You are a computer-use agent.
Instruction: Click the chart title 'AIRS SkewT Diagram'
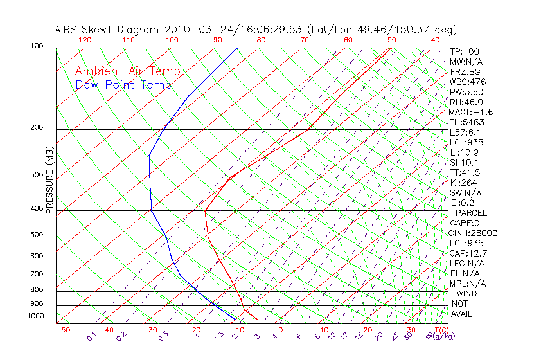pyautogui.click(x=107, y=30)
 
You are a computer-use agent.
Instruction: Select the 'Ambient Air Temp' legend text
pyautogui.click(x=127, y=71)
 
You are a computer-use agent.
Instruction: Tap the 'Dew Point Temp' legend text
pyautogui.click(x=123, y=85)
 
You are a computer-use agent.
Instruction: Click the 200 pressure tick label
pyautogui.click(x=37, y=127)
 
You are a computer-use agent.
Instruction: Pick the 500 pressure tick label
pyautogui.click(x=37, y=235)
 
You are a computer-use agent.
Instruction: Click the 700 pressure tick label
pyautogui.click(x=37, y=275)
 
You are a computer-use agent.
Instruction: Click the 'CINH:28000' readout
pyautogui.click(x=473, y=233)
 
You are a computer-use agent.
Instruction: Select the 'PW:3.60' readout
pyautogui.click(x=466, y=92)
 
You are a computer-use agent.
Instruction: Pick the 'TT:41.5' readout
pyautogui.click(x=465, y=172)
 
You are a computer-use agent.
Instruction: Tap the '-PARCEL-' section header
pyautogui.click(x=471, y=213)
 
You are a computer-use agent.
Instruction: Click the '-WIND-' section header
pyautogui.click(x=467, y=293)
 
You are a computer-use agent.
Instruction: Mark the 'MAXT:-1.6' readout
pyautogui.click(x=471, y=112)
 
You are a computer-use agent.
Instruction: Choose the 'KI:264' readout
pyautogui.click(x=464, y=183)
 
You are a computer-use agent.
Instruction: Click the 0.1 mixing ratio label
pyautogui.click(x=91, y=336)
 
